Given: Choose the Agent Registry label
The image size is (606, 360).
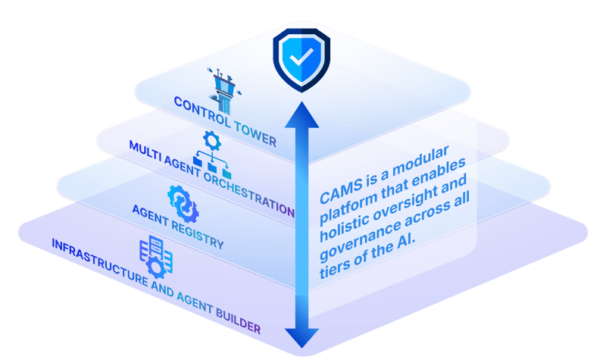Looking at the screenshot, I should coord(178,227).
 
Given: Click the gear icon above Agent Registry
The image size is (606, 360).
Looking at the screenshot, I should coord(182,201).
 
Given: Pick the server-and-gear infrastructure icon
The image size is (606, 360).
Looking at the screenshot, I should coord(154,258).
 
